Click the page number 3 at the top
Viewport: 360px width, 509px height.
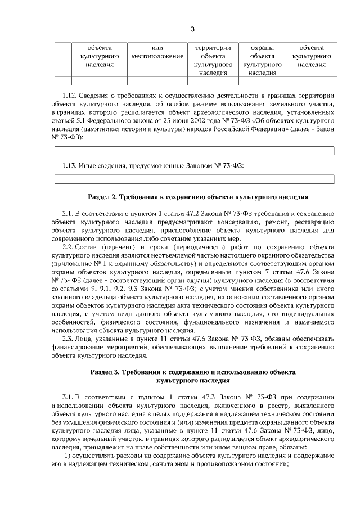click(x=192, y=29)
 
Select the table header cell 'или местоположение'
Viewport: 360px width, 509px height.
click(x=157, y=53)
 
